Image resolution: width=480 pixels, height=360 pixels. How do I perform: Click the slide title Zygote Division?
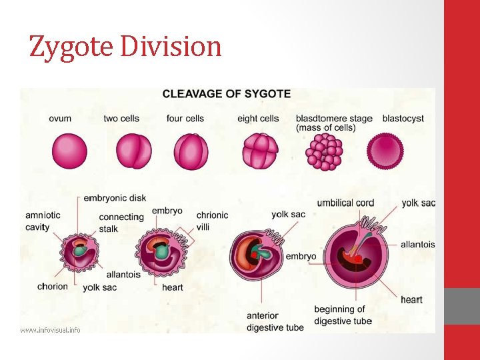(125, 47)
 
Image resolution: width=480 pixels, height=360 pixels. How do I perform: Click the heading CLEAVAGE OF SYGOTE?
(227, 94)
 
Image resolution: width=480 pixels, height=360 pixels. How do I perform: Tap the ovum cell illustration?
(69, 151)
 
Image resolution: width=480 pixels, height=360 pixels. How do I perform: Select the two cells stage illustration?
(134, 151)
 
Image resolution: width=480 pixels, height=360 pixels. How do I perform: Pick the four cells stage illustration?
(191, 151)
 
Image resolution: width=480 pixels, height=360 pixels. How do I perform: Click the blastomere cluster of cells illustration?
(324, 151)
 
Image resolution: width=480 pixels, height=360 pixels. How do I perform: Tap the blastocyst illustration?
(386, 151)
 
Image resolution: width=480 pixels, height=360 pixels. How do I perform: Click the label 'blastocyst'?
(403, 119)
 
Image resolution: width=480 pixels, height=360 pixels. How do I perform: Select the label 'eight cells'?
(258, 119)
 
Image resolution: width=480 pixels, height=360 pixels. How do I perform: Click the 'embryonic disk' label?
(115, 198)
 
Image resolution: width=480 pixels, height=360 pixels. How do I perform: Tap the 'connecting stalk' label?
(121, 223)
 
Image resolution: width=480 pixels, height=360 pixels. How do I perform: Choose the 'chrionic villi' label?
(212, 221)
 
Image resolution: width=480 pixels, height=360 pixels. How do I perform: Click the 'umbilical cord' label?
(345, 203)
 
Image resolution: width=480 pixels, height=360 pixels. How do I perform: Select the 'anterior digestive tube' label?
(275, 321)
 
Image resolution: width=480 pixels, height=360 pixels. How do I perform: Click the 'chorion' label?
(53, 287)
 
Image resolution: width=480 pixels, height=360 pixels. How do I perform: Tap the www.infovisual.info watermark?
(50, 329)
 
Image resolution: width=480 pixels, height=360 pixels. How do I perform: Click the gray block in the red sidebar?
(462, 306)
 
